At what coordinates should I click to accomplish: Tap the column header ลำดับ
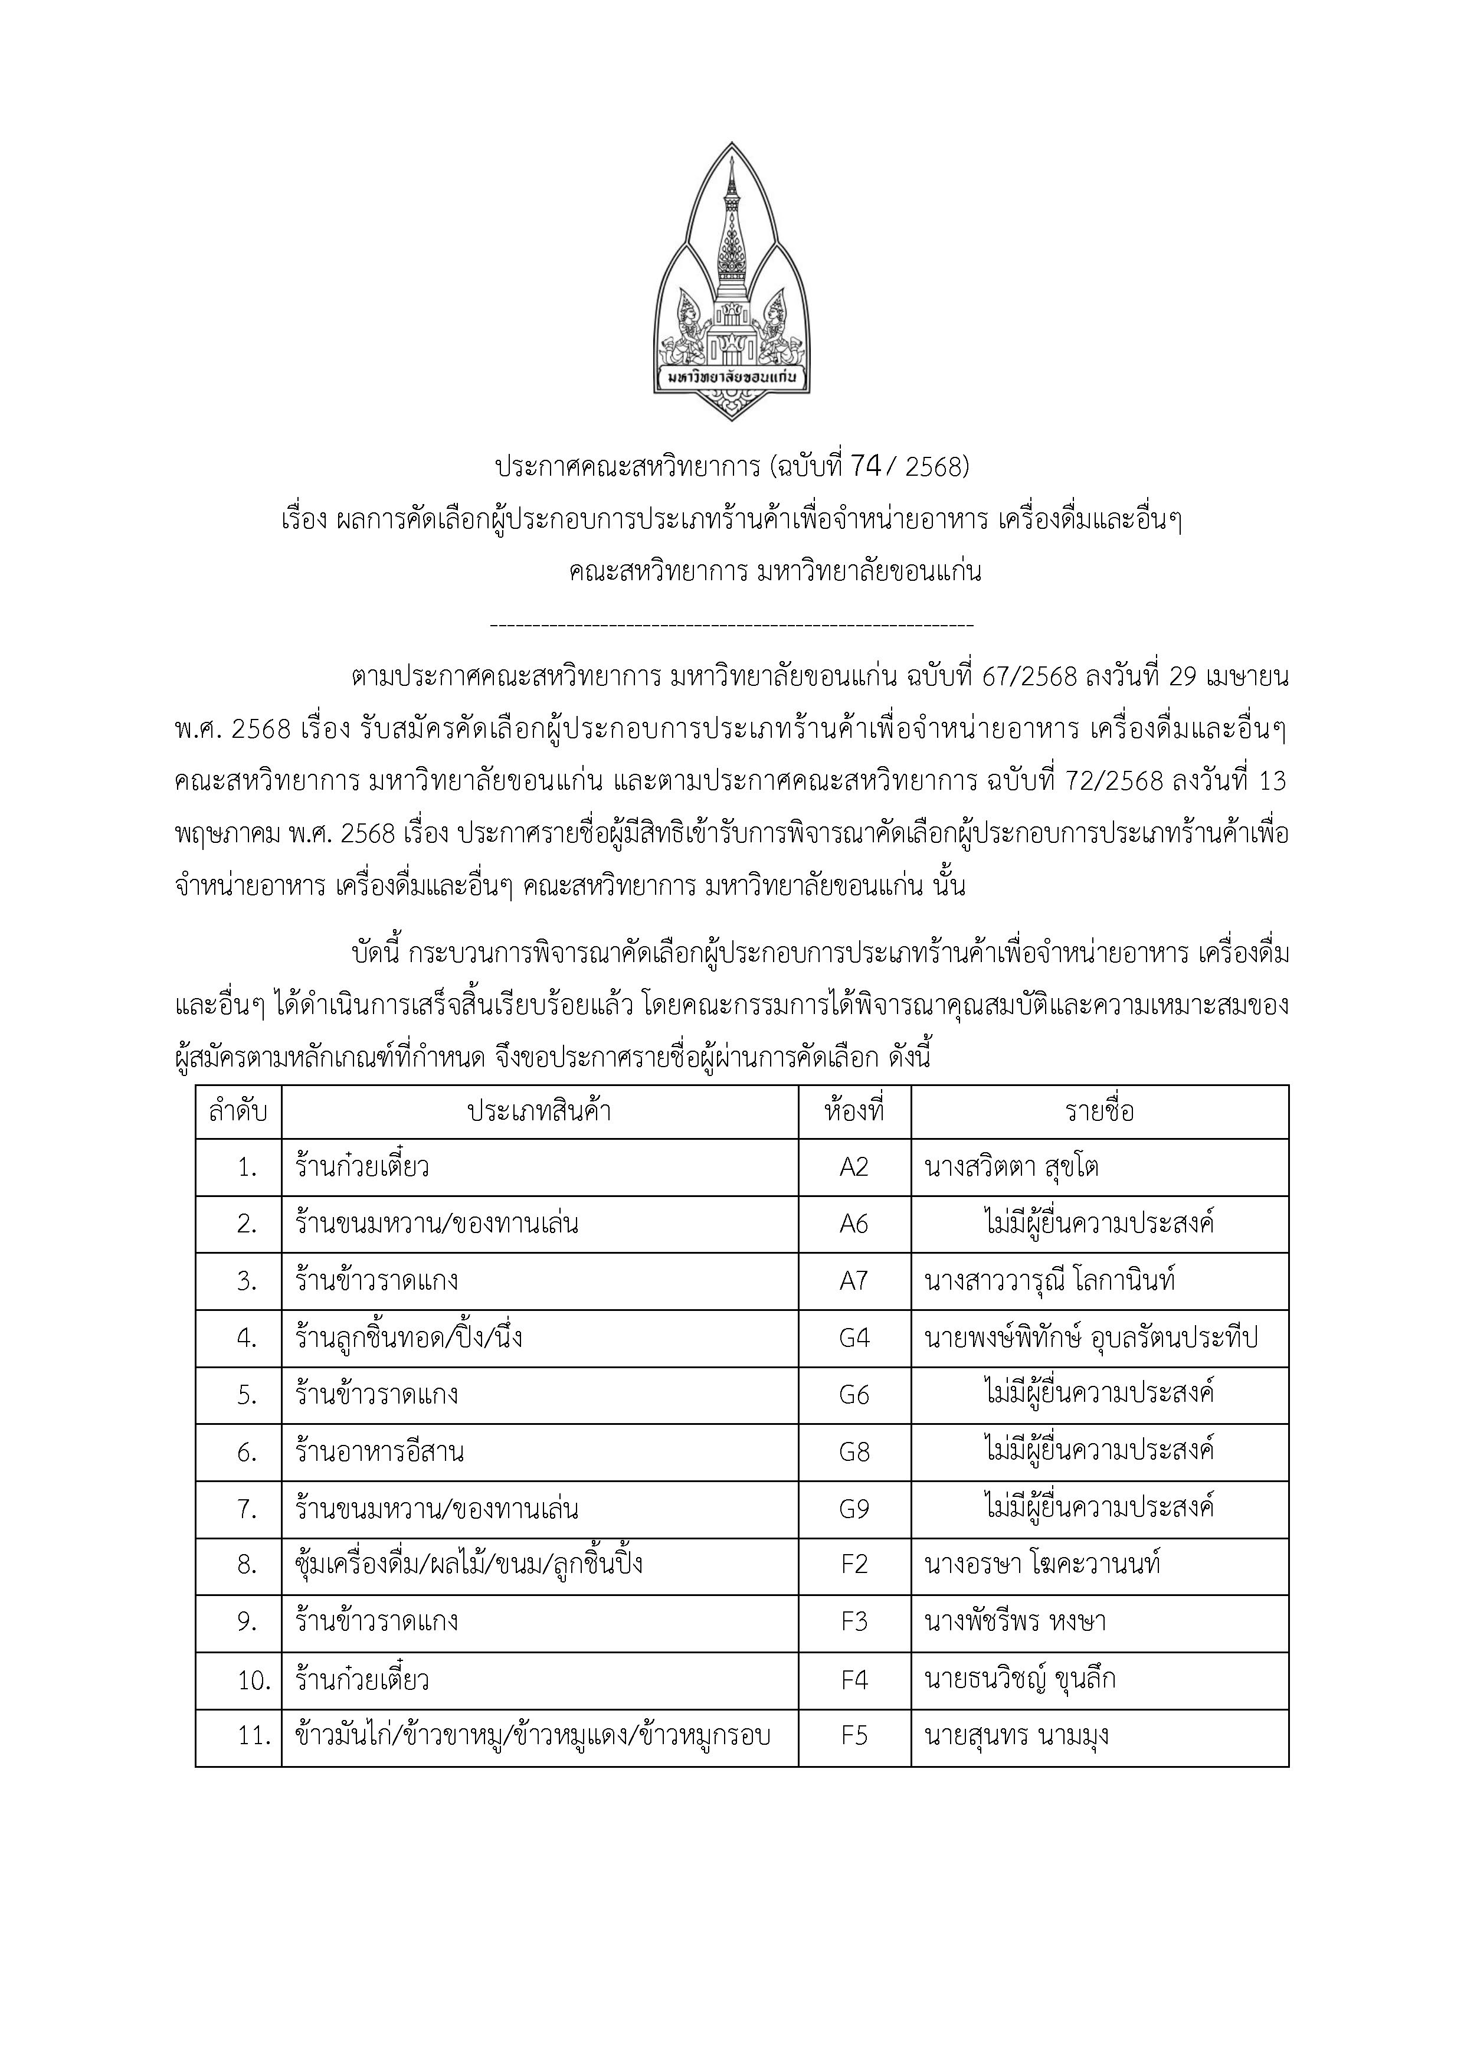tap(238, 1111)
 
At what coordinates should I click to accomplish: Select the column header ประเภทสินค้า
tap(539, 1111)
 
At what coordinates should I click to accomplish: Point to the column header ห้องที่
tap(854, 1111)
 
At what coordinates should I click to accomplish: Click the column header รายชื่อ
tap(1099, 1111)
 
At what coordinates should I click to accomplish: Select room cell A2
tap(854, 1168)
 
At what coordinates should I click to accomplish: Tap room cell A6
tap(854, 1224)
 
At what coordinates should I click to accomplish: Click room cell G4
tap(854, 1338)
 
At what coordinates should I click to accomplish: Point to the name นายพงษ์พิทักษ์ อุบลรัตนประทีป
tap(1091, 1338)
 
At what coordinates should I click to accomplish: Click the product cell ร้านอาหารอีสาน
tap(379, 1451)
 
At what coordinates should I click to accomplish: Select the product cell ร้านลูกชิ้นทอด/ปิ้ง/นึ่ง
tap(408, 1338)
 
